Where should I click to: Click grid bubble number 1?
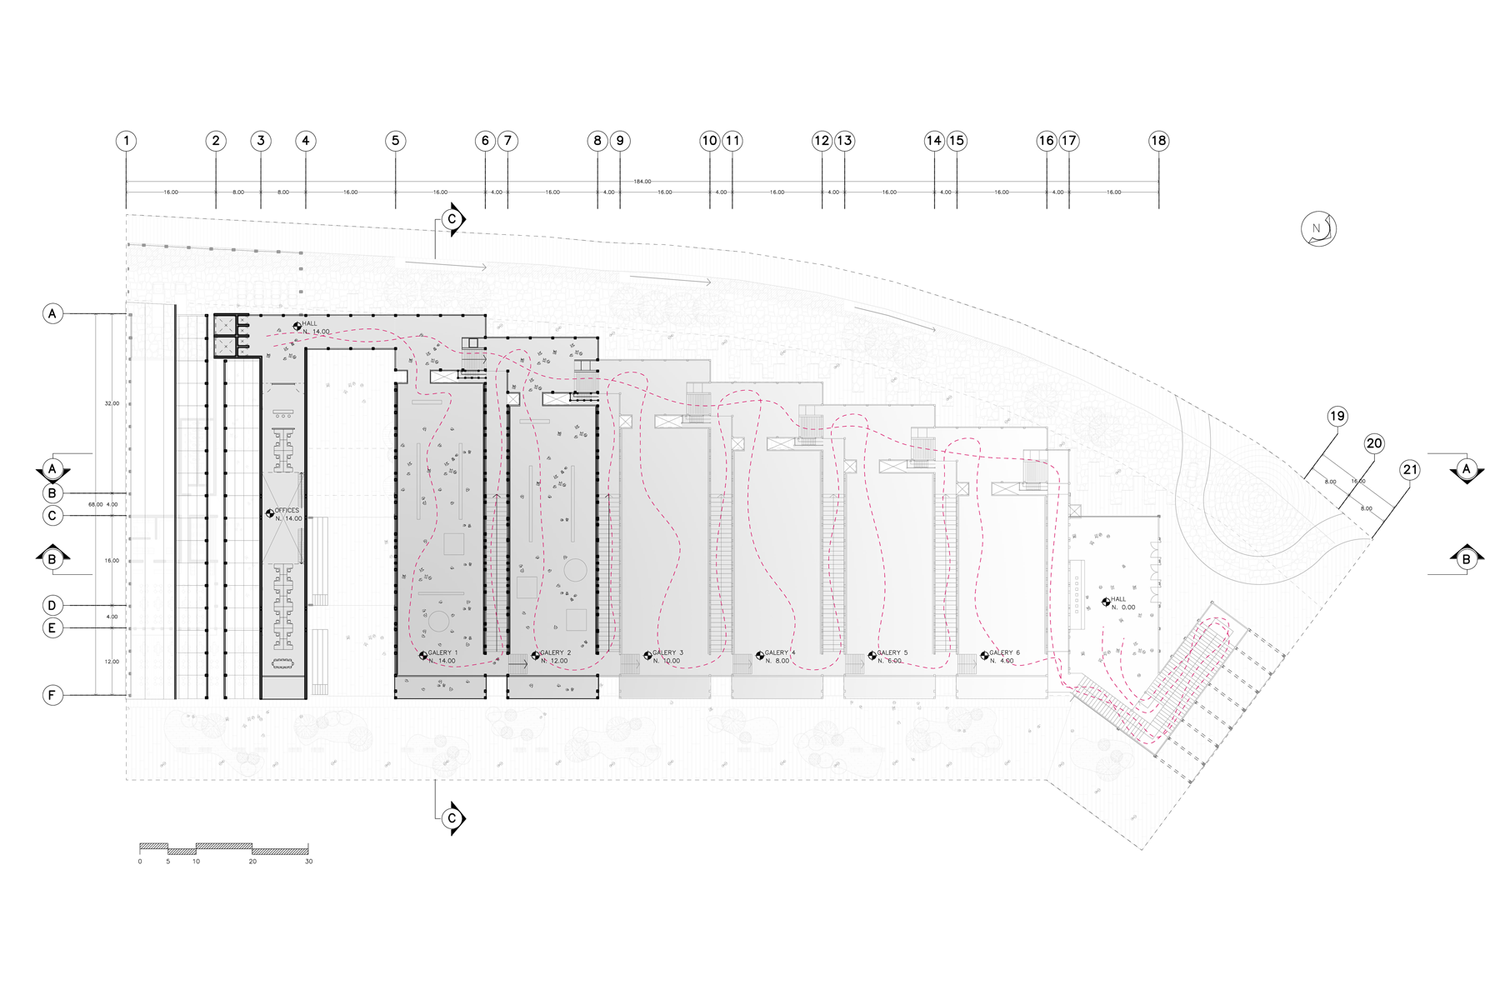(127, 141)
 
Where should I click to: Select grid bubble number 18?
(1158, 141)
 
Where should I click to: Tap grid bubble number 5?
(396, 141)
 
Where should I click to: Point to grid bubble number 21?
(1410, 470)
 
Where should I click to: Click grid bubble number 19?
(1337, 417)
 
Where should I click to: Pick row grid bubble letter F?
(52, 695)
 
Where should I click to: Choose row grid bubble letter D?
(52, 605)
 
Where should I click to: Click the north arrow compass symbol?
(1318, 229)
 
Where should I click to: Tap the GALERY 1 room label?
(442, 653)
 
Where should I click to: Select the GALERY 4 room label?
(780, 653)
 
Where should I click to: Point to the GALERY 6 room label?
(1004, 653)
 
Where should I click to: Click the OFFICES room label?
(287, 511)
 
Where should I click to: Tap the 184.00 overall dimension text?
(642, 182)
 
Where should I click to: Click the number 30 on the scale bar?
(308, 862)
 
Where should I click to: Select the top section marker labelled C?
(452, 219)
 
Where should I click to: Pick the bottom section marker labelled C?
(452, 818)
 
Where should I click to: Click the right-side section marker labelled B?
(1467, 559)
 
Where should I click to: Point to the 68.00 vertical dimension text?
(96, 505)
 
